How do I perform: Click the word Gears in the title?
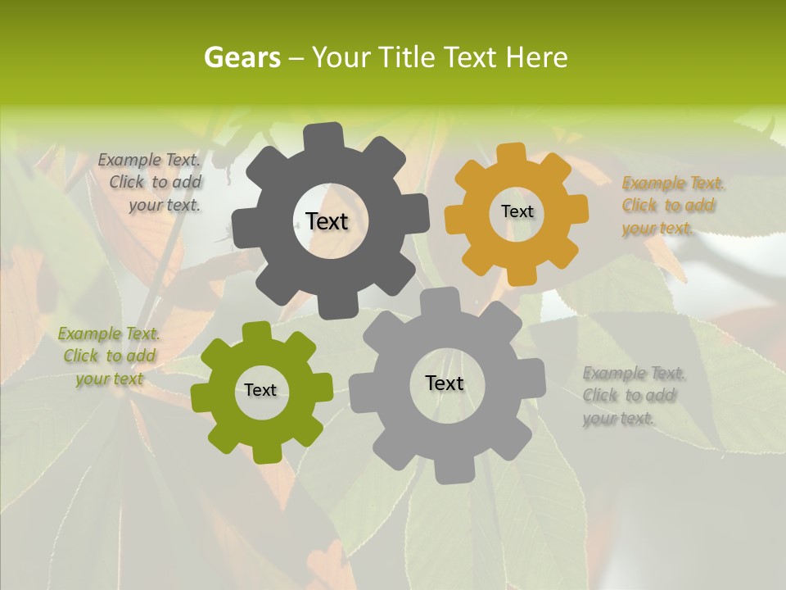[x=242, y=58]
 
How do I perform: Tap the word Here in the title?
[x=536, y=58]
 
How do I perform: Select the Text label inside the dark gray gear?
[x=327, y=221]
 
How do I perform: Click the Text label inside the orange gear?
[x=517, y=211]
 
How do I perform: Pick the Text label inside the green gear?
[x=260, y=390]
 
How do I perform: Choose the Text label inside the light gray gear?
[x=445, y=383]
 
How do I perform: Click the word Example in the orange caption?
[x=653, y=184]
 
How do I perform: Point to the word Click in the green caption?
[x=80, y=356]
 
